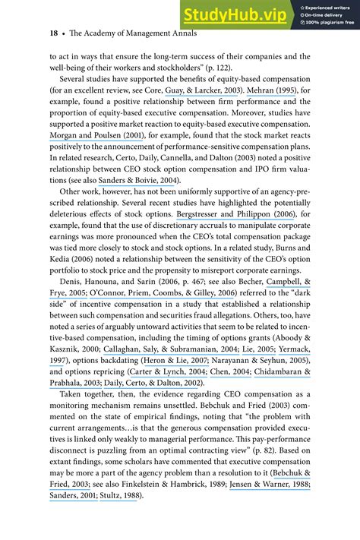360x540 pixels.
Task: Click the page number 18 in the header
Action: click(33, 33)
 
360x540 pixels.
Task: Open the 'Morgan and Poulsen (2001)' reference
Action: click(95, 158)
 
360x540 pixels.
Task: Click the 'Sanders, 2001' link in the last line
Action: click(74, 496)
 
